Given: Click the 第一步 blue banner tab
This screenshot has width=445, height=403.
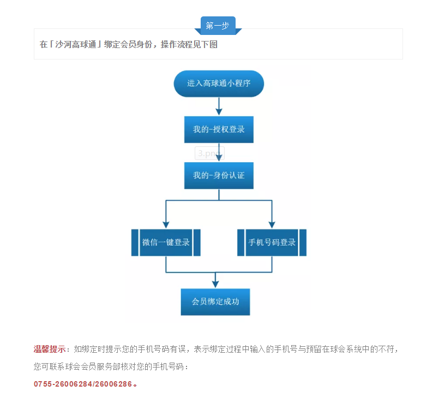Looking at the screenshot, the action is (x=218, y=26).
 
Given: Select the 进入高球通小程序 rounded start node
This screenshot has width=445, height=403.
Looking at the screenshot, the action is (x=219, y=84).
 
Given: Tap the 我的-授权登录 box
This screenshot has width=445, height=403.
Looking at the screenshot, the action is (x=219, y=129).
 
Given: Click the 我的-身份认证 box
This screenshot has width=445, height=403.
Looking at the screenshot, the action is (x=219, y=175).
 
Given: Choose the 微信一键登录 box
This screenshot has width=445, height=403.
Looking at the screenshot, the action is (x=166, y=242).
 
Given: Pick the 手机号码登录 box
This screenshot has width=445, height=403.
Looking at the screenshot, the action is (x=272, y=242).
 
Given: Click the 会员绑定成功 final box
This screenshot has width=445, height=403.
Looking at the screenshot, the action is (x=215, y=302).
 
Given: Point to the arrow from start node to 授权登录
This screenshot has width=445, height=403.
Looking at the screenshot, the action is (x=219, y=106).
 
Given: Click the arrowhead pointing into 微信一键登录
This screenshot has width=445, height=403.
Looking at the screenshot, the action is (x=166, y=225).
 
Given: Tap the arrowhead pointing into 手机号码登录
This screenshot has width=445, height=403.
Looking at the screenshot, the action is (x=272, y=225).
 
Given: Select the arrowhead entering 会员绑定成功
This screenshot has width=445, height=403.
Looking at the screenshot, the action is (x=215, y=284).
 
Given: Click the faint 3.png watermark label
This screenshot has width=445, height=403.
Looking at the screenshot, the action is (x=209, y=153).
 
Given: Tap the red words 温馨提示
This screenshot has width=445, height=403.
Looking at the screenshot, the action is (x=50, y=349).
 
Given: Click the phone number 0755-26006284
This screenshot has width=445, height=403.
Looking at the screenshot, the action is (x=63, y=384).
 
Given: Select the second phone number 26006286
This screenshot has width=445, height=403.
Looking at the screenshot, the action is (x=113, y=384).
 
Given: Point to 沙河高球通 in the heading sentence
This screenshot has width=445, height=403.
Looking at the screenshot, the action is (x=76, y=44).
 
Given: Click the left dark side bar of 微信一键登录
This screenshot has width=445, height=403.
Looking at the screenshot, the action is (x=135, y=242).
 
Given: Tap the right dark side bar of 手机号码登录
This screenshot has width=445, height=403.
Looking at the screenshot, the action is (x=303, y=242).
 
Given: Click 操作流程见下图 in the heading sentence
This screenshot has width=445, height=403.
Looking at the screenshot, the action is (x=189, y=44).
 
